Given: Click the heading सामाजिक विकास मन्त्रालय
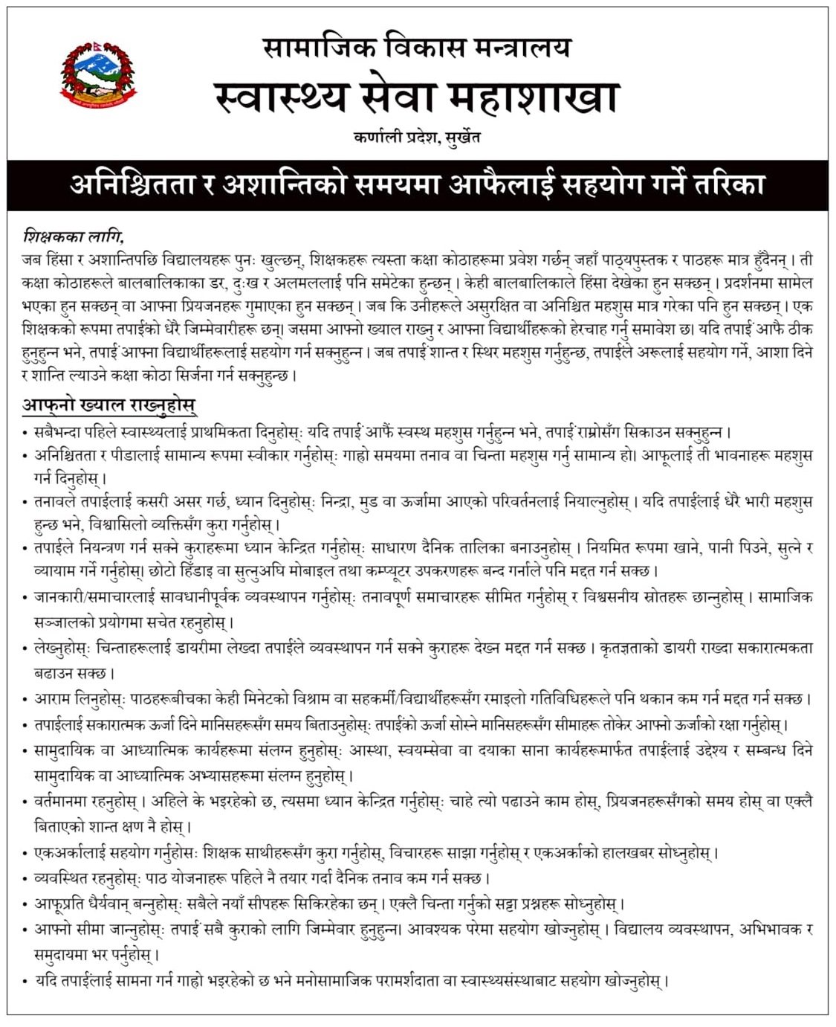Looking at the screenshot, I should click(x=417, y=48).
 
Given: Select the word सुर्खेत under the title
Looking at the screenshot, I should click(x=461, y=137).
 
